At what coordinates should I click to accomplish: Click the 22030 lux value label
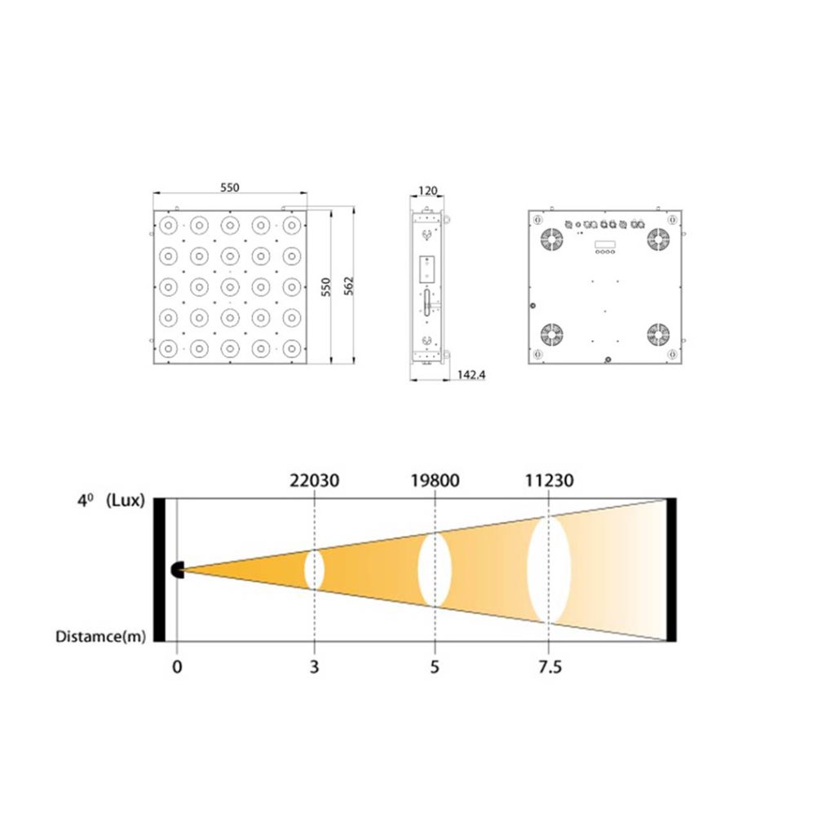pyautogui.click(x=315, y=480)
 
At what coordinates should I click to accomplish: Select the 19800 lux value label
pyautogui.click(x=435, y=480)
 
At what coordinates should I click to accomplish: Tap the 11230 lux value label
pyautogui.click(x=548, y=480)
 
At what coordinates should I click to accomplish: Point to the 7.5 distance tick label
pyautogui.click(x=550, y=667)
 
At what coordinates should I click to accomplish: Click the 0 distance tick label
pyautogui.click(x=177, y=667)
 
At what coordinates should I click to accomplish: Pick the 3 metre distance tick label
pyautogui.click(x=315, y=667)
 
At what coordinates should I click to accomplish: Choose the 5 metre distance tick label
pyautogui.click(x=435, y=667)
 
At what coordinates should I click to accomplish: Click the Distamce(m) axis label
pyautogui.click(x=101, y=636)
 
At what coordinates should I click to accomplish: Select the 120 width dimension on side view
pyautogui.click(x=427, y=192)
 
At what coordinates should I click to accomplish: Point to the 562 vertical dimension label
pyautogui.click(x=348, y=286)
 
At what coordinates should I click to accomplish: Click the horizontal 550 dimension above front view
pyautogui.click(x=230, y=188)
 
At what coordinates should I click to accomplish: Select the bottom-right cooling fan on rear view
pyautogui.click(x=658, y=334)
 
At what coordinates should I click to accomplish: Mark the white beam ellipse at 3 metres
pyautogui.click(x=315, y=570)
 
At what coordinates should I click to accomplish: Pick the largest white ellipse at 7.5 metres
pyautogui.click(x=548, y=569)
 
